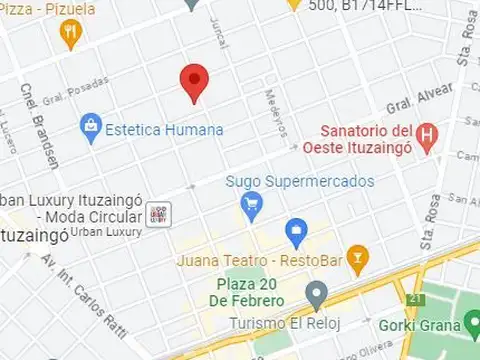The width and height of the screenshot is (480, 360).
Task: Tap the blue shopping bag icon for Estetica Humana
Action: click(91, 127)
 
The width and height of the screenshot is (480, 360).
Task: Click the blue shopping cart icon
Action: click(251, 207)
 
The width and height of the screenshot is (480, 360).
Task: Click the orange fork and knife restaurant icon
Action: click(69, 37)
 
